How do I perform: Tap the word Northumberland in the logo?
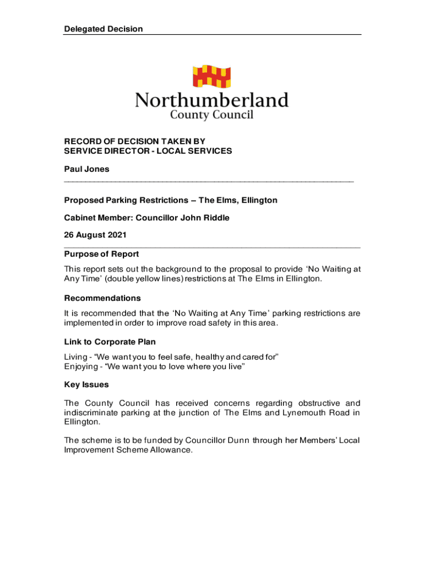tap(212, 101)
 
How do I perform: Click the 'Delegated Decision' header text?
tap(103, 29)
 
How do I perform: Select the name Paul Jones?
tap(86, 169)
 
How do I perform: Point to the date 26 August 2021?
tap(95, 235)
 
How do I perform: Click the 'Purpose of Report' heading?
tap(101, 254)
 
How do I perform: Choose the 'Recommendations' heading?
tap(102, 298)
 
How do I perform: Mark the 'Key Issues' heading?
tap(86, 384)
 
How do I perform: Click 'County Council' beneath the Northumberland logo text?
tap(211, 115)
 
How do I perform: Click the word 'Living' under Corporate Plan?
tap(75, 357)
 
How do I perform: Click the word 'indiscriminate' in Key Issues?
tap(93, 413)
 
